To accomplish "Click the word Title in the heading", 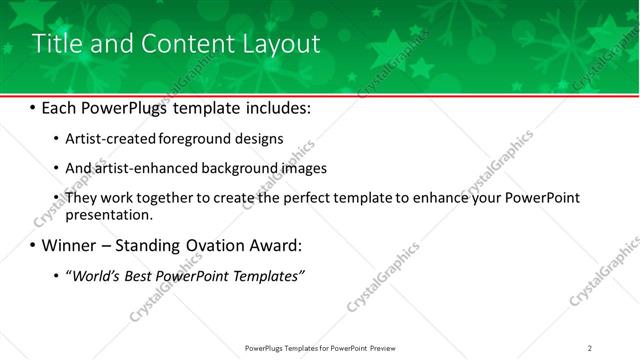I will pyautogui.click(x=56, y=44).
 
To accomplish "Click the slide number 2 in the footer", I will pyautogui.click(x=590, y=348).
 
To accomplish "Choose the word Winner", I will pyautogui.click(x=68, y=245).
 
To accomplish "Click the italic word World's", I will pyautogui.click(x=94, y=275).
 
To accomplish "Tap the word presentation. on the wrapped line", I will pyautogui.click(x=108, y=214).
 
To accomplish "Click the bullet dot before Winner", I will pyautogui.click(x=33, y=245).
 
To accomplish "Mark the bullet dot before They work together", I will pyautogui.click(x=57, y=198).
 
